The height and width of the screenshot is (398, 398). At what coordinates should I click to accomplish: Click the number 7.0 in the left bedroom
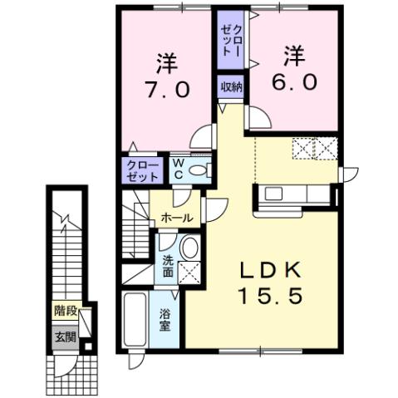pos(168,88)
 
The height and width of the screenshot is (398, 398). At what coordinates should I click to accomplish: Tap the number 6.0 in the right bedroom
pos(292,81)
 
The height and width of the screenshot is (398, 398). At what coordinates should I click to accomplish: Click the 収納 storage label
pos(231,87)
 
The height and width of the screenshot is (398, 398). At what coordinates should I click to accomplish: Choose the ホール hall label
pos(177,218)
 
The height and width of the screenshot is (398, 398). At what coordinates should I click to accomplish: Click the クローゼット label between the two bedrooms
pos(230,39)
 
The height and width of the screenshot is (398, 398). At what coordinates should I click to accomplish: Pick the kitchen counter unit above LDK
pos(294,196)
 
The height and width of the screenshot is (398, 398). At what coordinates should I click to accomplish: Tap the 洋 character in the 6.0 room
pos(292,57)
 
